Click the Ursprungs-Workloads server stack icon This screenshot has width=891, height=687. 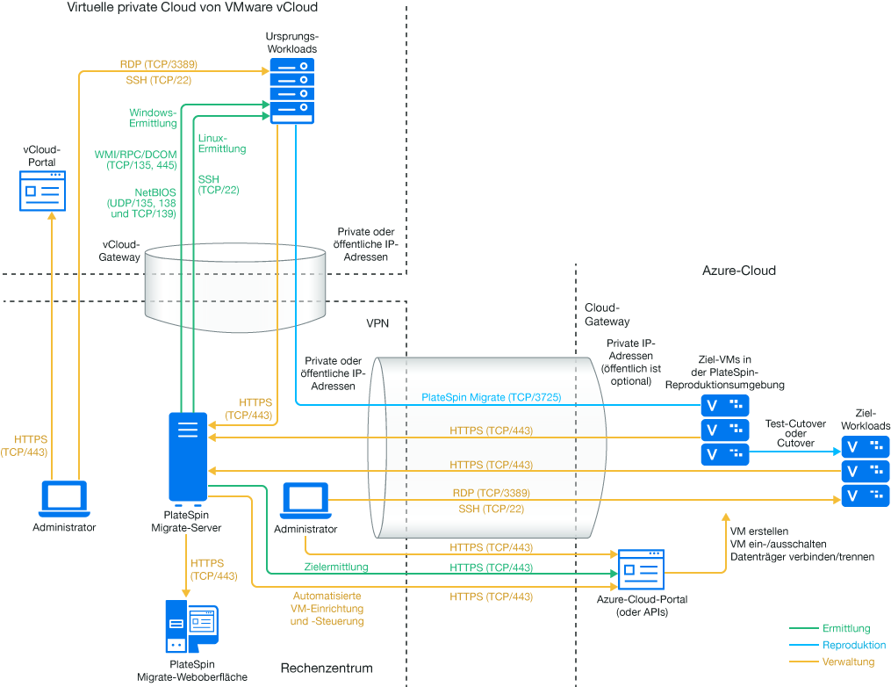pos(291,91)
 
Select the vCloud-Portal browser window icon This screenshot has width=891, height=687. pos(43,191)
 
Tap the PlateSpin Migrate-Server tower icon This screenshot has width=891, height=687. pos(188,458)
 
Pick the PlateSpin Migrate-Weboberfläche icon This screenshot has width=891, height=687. pos(191,628)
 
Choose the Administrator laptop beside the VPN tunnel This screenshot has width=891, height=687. pos(305,502)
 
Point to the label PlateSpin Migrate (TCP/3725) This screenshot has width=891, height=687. pos(492,398)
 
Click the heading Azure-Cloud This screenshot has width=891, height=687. pos(739,271)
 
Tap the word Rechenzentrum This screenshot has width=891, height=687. pos(327,669)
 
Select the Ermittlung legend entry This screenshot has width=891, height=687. pos(846,628)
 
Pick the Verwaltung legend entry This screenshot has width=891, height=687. pos(848,662)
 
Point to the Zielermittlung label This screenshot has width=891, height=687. pos(336,568)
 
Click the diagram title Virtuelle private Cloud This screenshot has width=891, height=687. pos(192,8)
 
